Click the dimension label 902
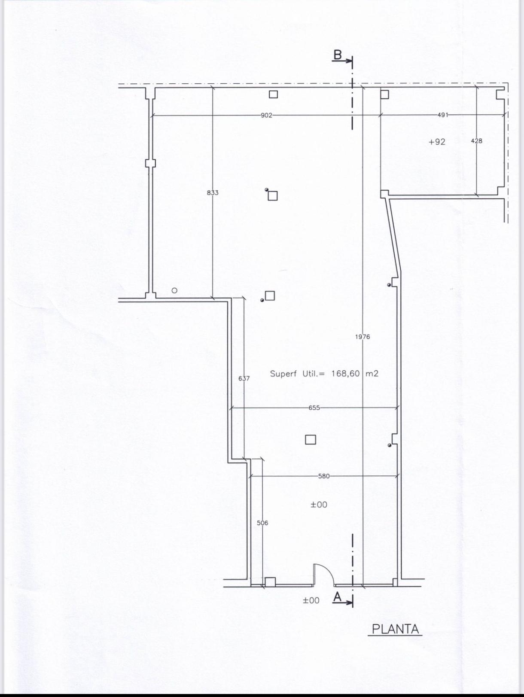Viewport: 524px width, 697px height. (266, 115)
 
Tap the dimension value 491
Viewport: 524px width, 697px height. (443, 115)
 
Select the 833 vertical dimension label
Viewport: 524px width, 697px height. (213, 192)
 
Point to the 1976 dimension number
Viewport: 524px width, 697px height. (363, 337)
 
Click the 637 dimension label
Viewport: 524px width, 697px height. (244, 378)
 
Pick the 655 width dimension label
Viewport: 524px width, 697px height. (314, 408)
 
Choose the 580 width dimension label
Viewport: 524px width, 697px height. (324, 476)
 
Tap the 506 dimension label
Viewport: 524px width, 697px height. (262, 523)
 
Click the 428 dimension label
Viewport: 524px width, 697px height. (476, 141)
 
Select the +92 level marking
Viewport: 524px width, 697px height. (437, 142)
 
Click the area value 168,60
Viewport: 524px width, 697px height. (345, 374)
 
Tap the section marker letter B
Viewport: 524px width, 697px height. (337, 55)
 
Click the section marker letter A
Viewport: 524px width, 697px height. (337, 597)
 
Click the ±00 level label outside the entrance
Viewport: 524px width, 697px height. (311, 600)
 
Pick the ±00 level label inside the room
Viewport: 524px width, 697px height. (319, 505)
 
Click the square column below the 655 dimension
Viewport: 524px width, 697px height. (310, 440)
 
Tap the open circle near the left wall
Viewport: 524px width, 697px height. (174, 290)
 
